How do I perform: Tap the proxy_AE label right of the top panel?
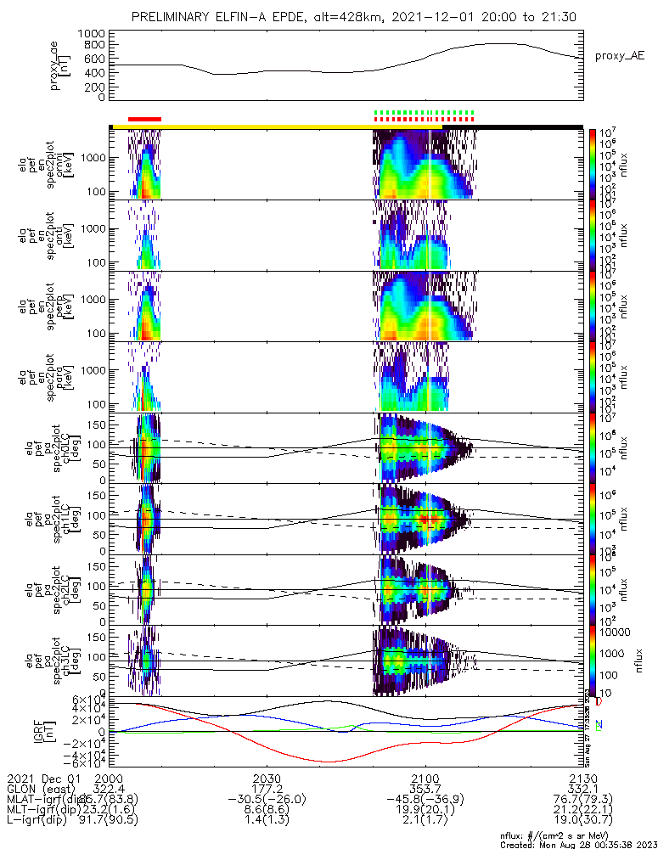620,56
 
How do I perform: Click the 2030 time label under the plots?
267,779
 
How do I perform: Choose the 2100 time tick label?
425,779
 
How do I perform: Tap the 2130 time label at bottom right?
582,779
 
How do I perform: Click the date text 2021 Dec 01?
42,779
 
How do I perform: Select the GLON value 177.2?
267,790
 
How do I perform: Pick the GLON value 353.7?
425,790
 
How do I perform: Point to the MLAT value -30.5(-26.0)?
267,801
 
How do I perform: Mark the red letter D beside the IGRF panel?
599,702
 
